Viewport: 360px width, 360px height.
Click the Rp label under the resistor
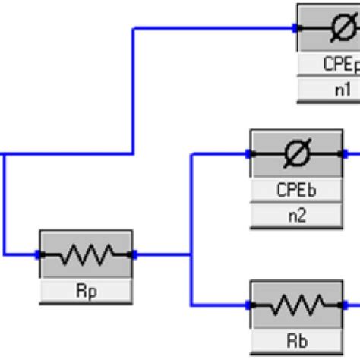[x=86, y=291]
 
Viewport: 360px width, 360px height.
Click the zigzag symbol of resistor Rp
[x=86, y=254]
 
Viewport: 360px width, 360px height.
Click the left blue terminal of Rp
[x=40, y=254]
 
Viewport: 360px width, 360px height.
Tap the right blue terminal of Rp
[x=133, y=254]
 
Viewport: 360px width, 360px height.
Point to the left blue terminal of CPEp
[x=297, y=29]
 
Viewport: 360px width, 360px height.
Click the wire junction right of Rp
[x=191, y=254]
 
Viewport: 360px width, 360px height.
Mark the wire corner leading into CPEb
[x=191, y=155]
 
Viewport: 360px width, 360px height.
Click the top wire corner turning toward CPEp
[x=134, y=29]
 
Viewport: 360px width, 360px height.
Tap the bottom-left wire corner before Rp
[x=4, y=254]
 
